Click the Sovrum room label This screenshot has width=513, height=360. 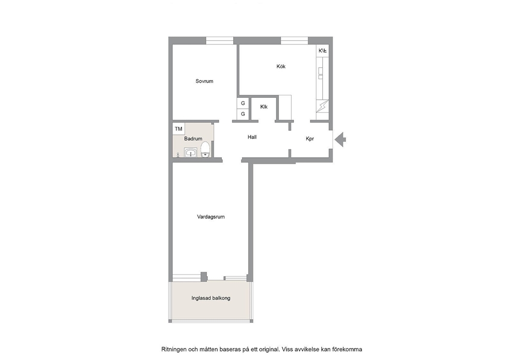tap(204, 81)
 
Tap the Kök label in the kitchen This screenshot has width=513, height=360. tap(281, 66)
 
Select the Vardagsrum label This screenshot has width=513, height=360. tap(210, 217)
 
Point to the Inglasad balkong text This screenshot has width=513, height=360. tap(211, 298)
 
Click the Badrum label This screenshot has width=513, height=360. tap(193, 139)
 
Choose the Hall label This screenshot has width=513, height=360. tap(252, 137)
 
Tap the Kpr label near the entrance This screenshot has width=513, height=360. tap(310, 139)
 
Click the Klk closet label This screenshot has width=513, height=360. tap(264, 107)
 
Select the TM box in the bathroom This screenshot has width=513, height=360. tap(178, 129)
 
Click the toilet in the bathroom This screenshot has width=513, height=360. tap(205, 149)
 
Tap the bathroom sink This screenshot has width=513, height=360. tap(190, 153)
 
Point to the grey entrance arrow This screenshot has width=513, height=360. tap(340, 139)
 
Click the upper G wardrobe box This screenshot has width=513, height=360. tap(243, 103)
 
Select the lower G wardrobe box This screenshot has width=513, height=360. tap(243, 114)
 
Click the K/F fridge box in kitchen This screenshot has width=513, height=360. tap(323, 51)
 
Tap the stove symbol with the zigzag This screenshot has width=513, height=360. tap(323, 106)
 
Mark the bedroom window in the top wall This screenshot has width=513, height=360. tap(220, 40)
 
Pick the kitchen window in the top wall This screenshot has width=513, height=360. tap(294, 40)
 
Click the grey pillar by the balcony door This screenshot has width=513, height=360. tap(204, 276)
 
